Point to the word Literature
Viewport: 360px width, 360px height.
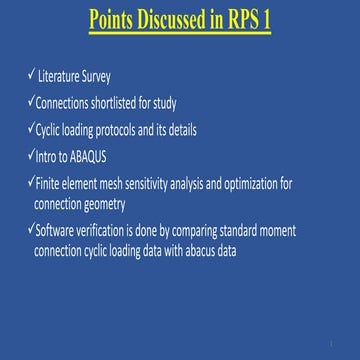coord(59,75)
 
